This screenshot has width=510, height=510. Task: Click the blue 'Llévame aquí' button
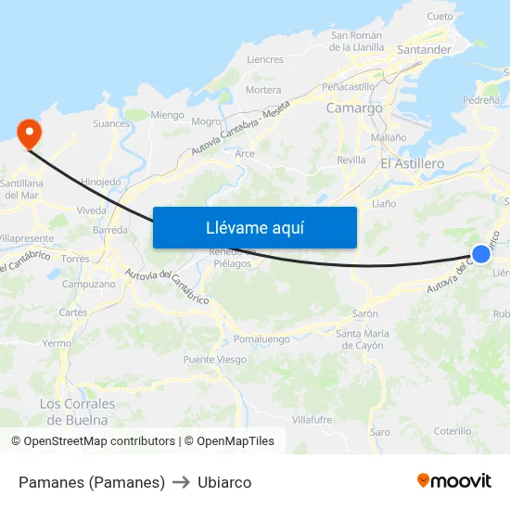(x=254, y=227)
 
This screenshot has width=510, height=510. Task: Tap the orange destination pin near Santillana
(x=29, y=134)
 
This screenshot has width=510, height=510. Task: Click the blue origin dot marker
(x=480, y=254)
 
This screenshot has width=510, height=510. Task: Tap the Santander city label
(x=423, y=50)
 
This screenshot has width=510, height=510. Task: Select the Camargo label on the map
(x=354, y=108)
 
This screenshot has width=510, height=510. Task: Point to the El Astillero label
(x=412, y=163)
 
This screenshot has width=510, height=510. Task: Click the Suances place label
(x=111, y=122)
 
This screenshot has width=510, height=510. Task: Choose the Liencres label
(x=265, y=59)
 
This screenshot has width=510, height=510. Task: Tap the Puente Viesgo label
(x=214, y=360)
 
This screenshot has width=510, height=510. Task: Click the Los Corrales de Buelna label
(x=78, y=411)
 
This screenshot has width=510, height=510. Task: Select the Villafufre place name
(x=312, y=420)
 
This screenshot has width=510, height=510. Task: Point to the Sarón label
(x=364, y=314)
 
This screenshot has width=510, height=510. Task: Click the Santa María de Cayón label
(x=360, y=339)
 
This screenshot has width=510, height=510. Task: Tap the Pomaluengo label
(x=261, y=339)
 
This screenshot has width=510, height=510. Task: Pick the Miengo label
(x=167, y=115)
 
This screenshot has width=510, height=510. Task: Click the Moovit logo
(x=454, y=480)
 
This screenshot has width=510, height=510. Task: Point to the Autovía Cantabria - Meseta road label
(x=240, y=127)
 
